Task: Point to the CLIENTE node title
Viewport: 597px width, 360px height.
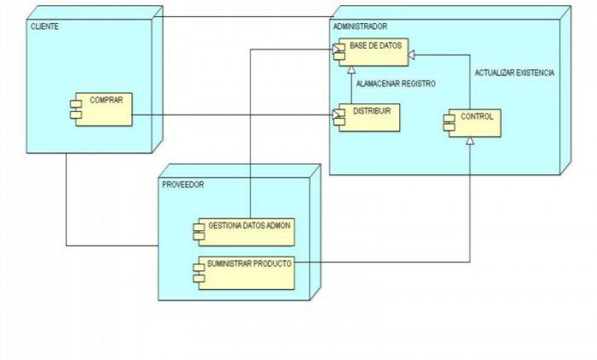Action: tap(44, 27)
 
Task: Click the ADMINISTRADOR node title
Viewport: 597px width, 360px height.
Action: tap(360, 27)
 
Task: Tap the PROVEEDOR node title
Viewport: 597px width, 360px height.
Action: tap(183, 184)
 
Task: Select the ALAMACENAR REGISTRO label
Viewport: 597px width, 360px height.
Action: tap(396, 84)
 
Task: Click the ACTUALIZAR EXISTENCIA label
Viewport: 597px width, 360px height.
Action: tap(514, 73)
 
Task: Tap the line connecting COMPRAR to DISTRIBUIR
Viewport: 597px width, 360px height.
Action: tap(230, 117)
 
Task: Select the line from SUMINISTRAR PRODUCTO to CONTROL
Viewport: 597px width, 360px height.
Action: tap(384, 261)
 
